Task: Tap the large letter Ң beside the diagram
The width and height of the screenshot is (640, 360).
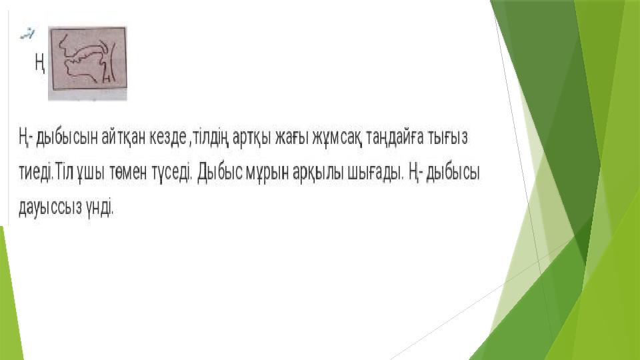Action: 39,63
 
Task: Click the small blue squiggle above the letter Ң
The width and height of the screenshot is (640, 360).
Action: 27,34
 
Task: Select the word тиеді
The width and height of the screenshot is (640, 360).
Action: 36,173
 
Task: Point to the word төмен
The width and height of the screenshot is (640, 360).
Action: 128,173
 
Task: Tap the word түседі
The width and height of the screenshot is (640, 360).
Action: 171,174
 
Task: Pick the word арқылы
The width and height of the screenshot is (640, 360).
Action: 318,174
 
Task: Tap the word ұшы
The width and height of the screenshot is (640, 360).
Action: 91,174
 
